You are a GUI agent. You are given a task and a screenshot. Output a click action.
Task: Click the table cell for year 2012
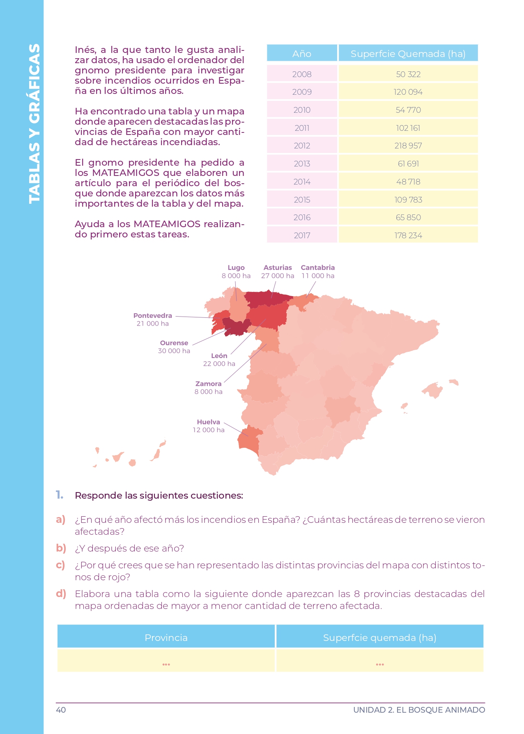pyautogui.click(x=302, y=146)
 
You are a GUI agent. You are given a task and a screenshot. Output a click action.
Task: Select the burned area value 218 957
pyautogui.click(x=408, y=146)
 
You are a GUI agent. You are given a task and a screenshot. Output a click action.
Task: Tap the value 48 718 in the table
pyautogui.click(x=408, y=182)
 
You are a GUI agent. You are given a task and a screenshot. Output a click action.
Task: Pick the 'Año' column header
pyautogui.click(x=302, y=54)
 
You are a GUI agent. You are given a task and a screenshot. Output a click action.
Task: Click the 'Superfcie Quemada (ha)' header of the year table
pyautogui.click(x=408, y=54)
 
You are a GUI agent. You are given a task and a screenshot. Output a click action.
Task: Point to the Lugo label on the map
pyautogui.click(x=236, y=268)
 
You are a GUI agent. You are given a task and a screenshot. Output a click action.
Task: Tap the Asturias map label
pyautogui.click(x=278, y=268)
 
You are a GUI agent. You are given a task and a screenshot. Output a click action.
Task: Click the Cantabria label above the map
pyautogui.click(x=317, y=268)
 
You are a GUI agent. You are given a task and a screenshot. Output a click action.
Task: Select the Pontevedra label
pyautogui.click(x=152, y=316)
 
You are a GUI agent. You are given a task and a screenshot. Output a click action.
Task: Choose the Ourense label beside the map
pyautogui.click(x=174, y=343)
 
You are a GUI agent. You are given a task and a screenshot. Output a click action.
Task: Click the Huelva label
pyautogui.click(x=208, y=422)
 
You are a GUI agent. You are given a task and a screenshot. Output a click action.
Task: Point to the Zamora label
pyautogui.click(x=208, y=384)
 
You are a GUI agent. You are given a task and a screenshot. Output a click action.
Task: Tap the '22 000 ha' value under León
pyautogui.click(x=219, y=364)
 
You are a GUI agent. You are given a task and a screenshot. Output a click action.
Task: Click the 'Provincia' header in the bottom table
pyautogui.click(x=166, y=638)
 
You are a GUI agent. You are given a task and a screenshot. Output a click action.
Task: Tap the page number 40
pyautogui.click(x=61, y=710)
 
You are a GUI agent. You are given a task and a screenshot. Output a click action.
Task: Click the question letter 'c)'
pyautogui.click(x=60, y=565)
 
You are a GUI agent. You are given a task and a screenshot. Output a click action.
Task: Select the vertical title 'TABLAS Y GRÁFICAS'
pyautogui.click(x=34, y=123)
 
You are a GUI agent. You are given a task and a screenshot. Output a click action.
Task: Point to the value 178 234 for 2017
pyautogui.click(x=408, y=235)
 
